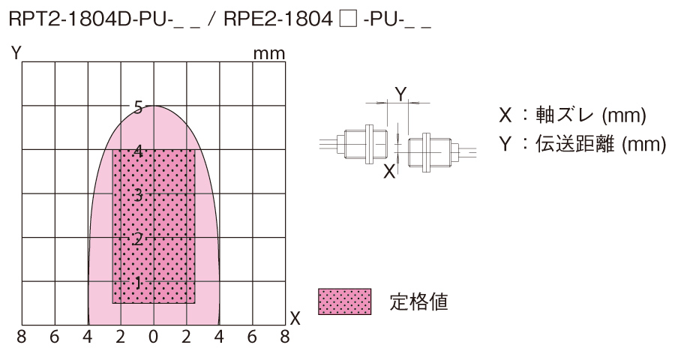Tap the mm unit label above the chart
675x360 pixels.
pyautogui.click(x=269, y=54)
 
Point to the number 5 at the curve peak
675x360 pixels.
pyautogui.click(x=138, y=106)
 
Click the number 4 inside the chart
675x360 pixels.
pyautogui.click(x=138, y=151)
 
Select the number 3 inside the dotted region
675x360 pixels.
pyautogui.click(x=138, y=195)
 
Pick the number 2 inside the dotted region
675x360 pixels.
pyautogui.click(x=137, y=239)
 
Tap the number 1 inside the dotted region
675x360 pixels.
pyautogui.click(x=137, y=283)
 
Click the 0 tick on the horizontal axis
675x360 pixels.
pyautogui.click(x=154, y=338)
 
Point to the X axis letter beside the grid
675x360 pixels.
pyautogui.click(x=295, y=318)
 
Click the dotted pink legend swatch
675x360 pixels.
pyautogui.click(x=345, y=301)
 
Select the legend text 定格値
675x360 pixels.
pyautogui.click(x=419, y=301)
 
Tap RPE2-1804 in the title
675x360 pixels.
pyautogui.click(x=277, y=20)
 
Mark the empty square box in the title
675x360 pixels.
pyautogui.click(x=346, y=20)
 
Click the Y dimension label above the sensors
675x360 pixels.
pyautogui.click(x=400, y=94)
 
